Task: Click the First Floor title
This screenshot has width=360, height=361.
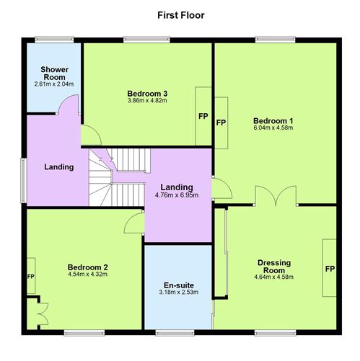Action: (180, 14)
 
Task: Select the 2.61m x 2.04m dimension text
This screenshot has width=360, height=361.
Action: (53, 84)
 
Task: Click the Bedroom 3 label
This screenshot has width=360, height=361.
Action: (147, 93)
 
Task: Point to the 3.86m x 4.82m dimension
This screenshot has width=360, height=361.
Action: (147, 101)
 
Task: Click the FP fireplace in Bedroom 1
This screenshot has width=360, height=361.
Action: (221, 122)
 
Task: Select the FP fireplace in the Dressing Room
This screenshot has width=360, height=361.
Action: (330, 268)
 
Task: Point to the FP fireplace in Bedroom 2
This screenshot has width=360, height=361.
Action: (31, 277)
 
